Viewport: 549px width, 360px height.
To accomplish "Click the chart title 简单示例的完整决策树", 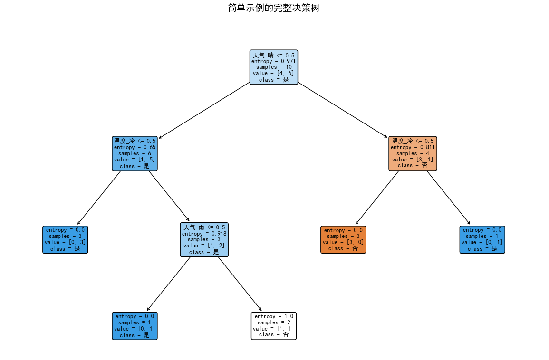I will point(274,8).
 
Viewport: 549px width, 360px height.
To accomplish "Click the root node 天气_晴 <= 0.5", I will point(274,67).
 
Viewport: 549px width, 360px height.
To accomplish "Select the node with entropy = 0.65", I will point(135,153).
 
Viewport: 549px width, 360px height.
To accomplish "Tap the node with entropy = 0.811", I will point(413,153).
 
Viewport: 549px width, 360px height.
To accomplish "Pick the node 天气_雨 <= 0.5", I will point(204,239).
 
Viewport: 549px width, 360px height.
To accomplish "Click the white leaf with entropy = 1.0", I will point(274,325).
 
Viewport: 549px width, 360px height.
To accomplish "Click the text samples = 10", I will point(274,67).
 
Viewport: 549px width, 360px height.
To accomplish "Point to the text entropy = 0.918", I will point(204,234).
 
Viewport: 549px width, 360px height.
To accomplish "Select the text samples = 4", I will point(413,153).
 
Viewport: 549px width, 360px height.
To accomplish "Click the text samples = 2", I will point(274,322).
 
